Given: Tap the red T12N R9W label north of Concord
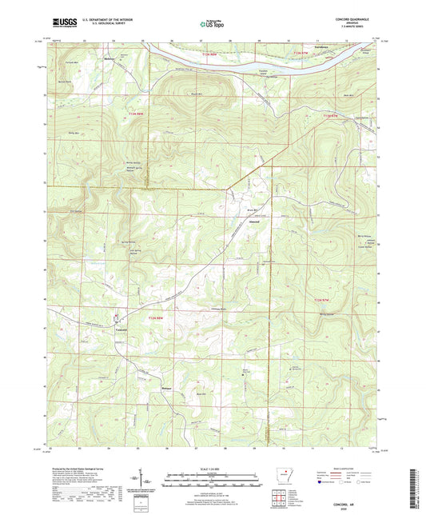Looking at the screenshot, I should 157,320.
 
